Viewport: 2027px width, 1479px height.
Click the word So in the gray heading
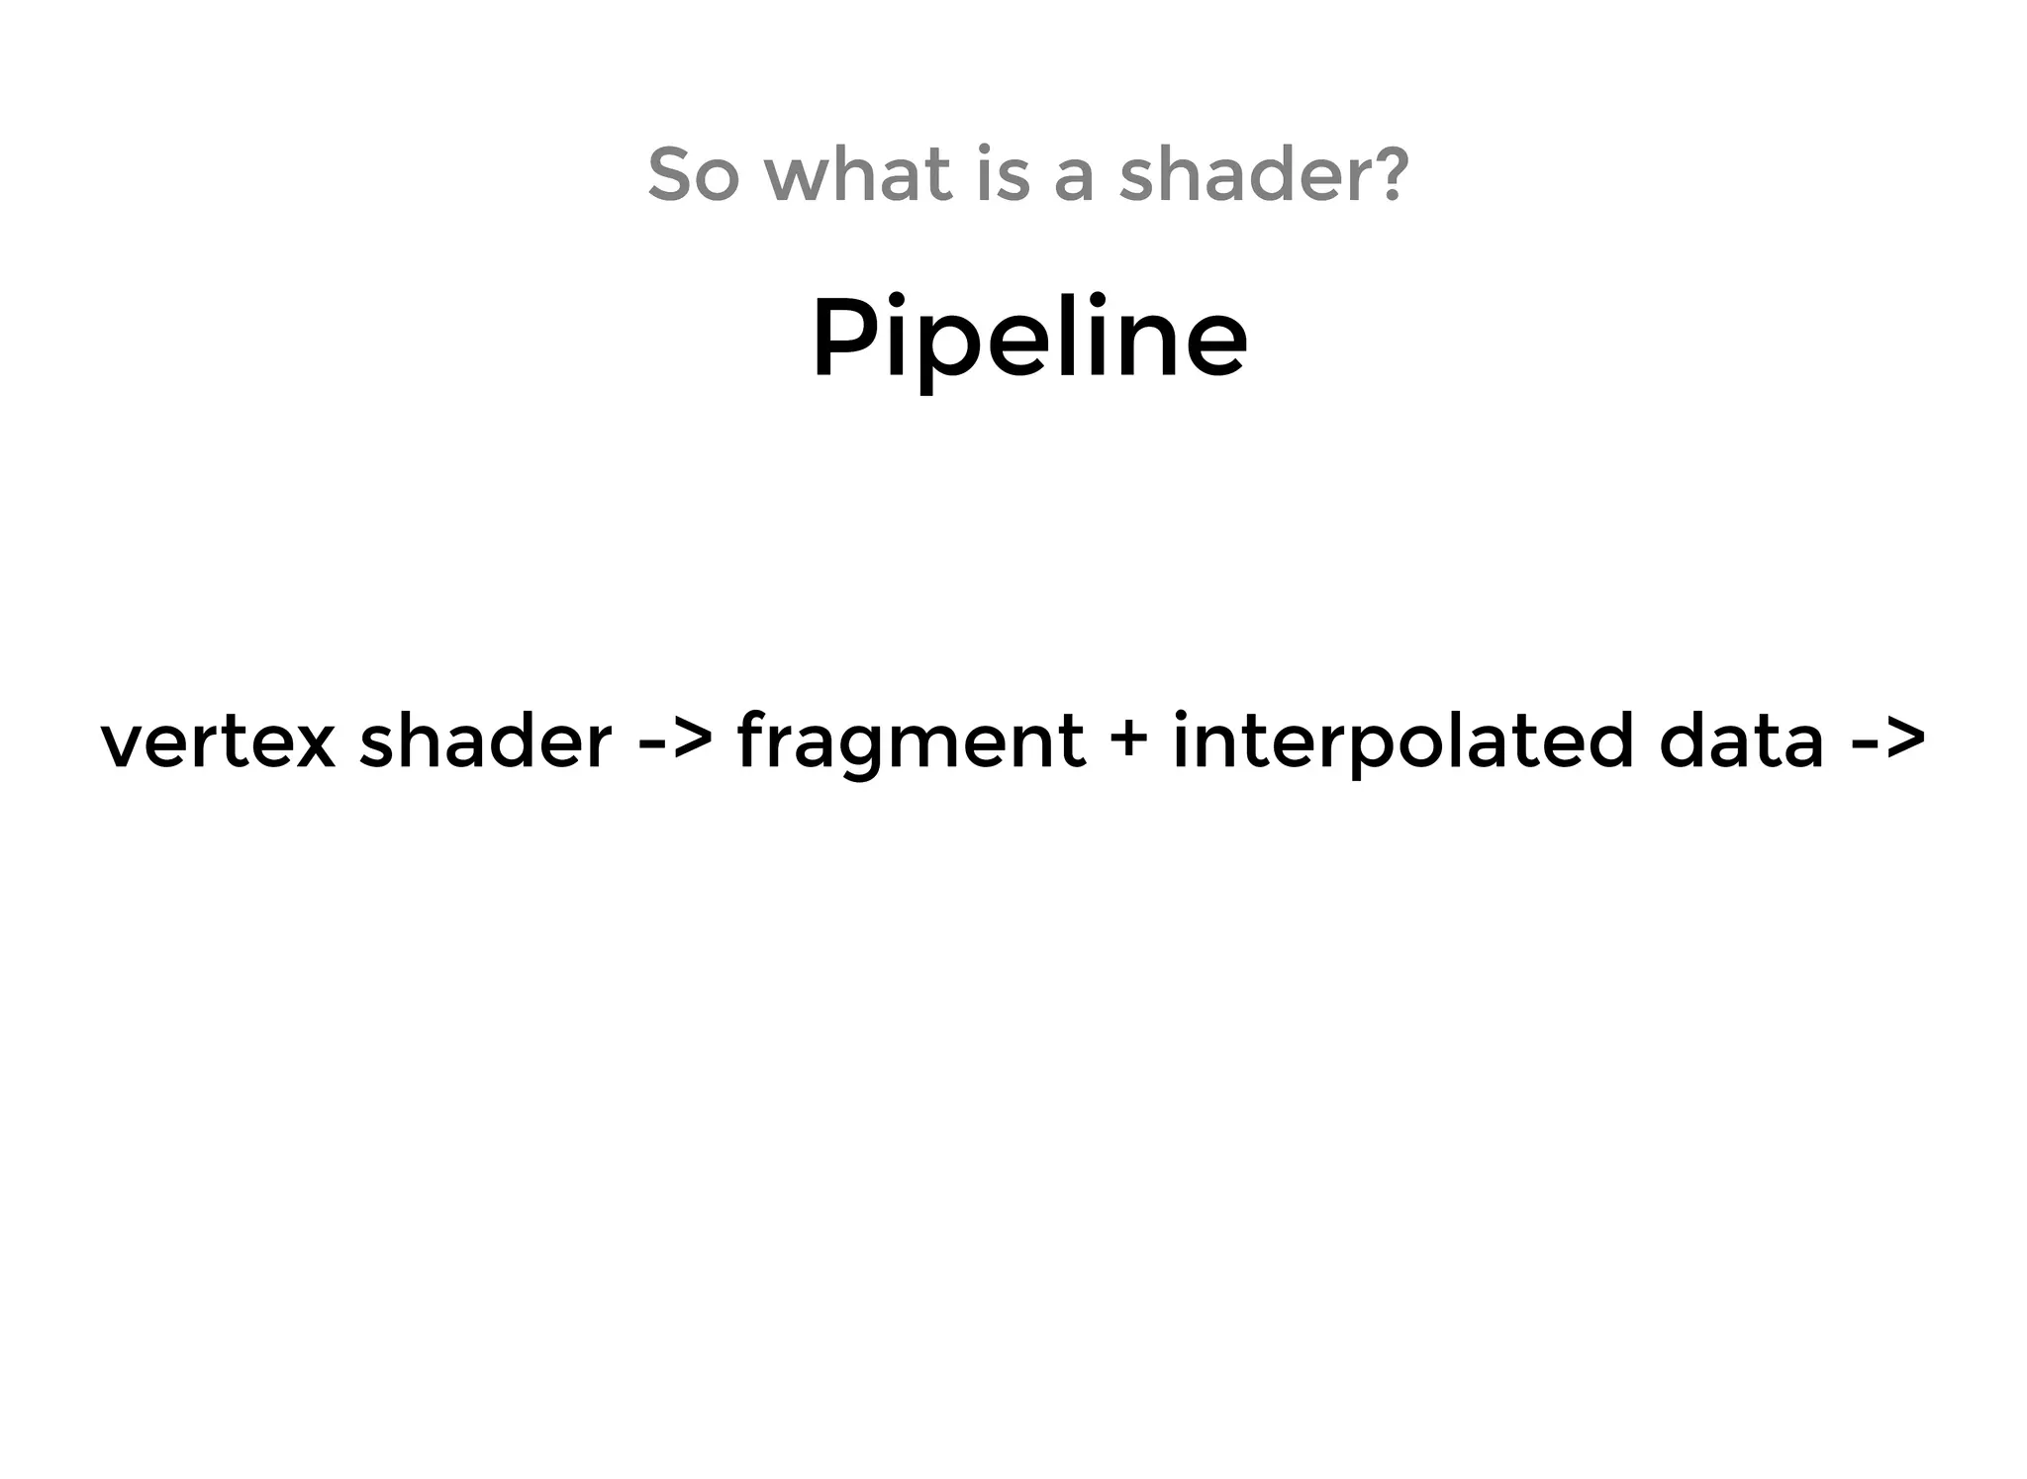pos(693,174)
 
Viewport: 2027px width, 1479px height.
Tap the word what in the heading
pos(858,174)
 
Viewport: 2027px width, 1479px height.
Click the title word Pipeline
pos(1029,339)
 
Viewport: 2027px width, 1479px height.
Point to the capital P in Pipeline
pos(840,337)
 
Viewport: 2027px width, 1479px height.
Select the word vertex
pos(218,740)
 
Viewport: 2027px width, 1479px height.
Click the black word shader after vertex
pos(485,740)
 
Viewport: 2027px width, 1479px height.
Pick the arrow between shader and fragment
pos(675,740)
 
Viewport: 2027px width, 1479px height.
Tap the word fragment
pos(911,742)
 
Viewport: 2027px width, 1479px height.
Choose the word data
pos(1740,740)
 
